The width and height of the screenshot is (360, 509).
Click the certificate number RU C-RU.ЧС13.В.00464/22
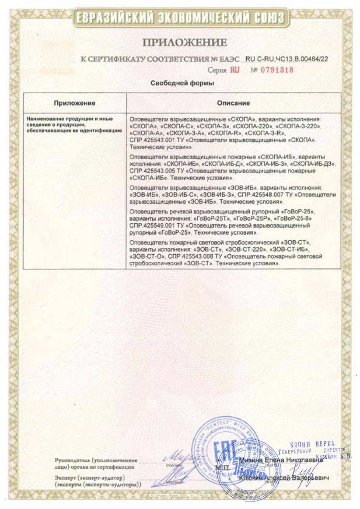tap(287, 59)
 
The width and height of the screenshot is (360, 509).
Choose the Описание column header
tap(233, 103)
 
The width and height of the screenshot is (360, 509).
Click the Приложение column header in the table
tap(74, 103)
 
